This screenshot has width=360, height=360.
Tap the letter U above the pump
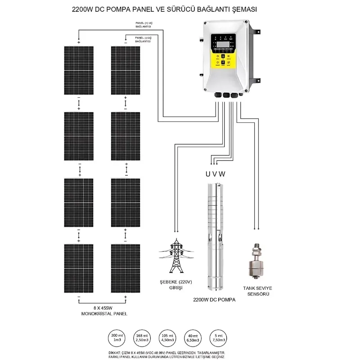[x=208, y=173]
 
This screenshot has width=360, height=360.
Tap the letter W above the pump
[x=222, y=173]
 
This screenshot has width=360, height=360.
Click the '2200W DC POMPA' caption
[x=214, y=299]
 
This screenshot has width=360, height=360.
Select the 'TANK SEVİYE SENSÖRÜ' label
[x=258, y=290]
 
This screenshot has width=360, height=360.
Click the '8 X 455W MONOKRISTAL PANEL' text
[x=102, y=310]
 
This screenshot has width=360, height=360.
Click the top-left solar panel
[x=78, y=70]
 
